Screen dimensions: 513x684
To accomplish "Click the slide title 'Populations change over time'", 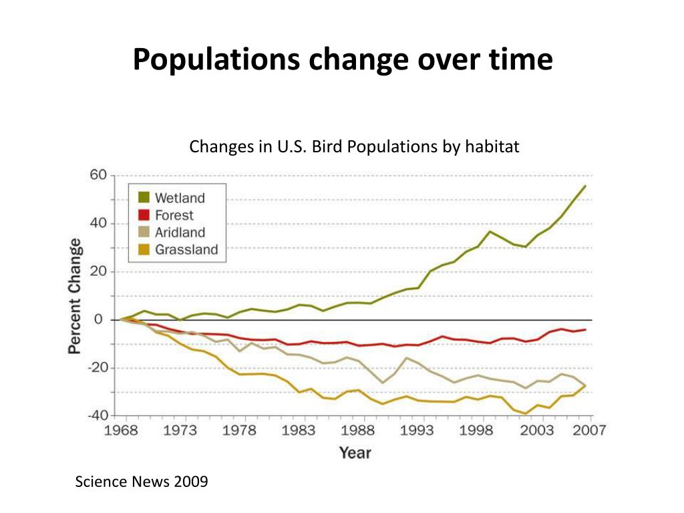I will coord(342,59).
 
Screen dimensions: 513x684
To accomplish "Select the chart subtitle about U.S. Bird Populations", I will coord(354,146).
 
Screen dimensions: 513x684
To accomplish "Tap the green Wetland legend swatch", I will coord(143,198).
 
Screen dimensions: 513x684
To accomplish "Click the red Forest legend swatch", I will coord(143,215).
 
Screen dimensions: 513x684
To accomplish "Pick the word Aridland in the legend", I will coord(180,232).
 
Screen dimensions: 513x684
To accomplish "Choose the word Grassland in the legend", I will coord(186,250).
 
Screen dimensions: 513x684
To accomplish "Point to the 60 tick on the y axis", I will coord(98,175).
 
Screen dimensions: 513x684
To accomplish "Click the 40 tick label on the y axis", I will coord(98,224).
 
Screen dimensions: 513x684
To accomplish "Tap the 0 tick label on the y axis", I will coord(98,320).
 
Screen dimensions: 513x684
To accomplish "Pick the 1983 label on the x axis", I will coord(298,430).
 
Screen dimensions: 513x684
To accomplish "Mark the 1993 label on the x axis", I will coord(416,430).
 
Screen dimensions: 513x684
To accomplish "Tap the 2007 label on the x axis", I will coord(588,430).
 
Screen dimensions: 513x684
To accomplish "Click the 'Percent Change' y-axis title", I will coord(75,295).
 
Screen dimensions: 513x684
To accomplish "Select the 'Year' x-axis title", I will coord(355,453).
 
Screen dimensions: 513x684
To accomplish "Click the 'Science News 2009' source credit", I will coord(142,482).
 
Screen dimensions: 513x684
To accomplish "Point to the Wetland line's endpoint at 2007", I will coord(585,186).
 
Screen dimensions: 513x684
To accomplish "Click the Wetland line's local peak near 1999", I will coord(490,231).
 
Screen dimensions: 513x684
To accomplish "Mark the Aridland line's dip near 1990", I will coord(383,383).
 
